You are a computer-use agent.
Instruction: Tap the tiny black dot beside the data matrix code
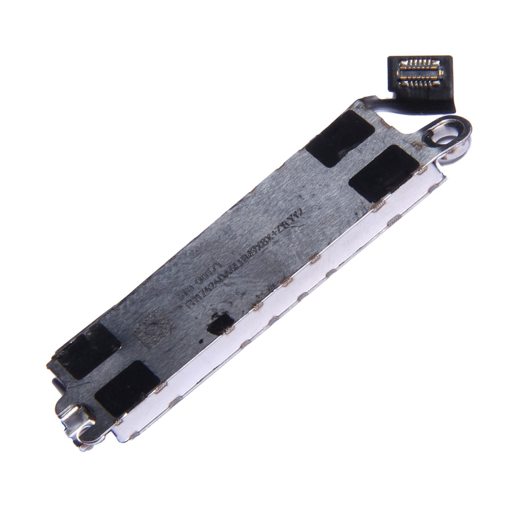(200, 342)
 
